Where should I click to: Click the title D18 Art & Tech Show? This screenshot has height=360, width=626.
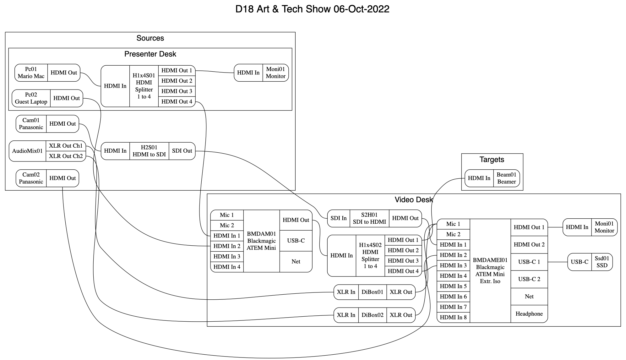(x=312, y=9)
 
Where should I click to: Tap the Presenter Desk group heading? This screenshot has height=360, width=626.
(x=150, y=54)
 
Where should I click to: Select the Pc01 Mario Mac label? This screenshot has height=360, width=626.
(x=31, y=73)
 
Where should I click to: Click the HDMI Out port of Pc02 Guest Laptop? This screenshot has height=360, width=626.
(x=67, y=98)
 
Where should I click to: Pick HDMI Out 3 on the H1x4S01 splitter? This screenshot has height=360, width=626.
(x=177, y=91)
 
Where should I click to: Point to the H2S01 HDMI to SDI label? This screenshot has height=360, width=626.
(x=149, y=151)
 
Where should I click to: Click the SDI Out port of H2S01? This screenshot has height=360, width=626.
(x=182, y=151)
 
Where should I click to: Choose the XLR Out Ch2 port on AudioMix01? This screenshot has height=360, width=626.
(x=66, y=156)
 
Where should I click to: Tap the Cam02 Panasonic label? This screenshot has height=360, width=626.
(x=31, y=178)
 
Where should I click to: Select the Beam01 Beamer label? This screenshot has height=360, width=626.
(x=506, y=178)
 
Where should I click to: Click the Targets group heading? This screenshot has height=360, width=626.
(x=492, y=160)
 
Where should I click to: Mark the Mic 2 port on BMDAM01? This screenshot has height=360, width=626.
(x=227, y=225)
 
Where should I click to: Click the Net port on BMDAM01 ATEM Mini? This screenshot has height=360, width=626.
(x=296, y=261)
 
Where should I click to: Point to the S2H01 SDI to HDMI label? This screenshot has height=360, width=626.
(x=369, y=218)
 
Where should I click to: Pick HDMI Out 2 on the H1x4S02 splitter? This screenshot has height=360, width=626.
(x=403, y=250)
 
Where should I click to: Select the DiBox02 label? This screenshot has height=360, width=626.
(x=372, y=315)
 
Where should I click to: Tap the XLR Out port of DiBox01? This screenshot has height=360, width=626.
(x=401, y=292)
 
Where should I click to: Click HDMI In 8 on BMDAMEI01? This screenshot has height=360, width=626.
(x=453, y=317)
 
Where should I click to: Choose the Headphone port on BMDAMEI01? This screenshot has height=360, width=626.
(x=529, y=314)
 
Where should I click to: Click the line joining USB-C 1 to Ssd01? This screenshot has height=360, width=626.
(x=558, y=262)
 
